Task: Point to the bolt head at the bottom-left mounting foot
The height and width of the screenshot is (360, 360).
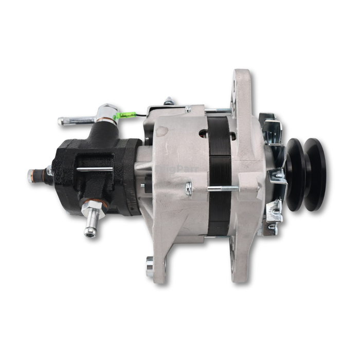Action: pos(150,267)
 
